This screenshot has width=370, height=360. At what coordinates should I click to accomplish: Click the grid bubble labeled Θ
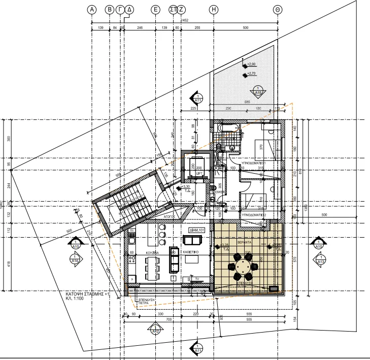[x=278, y=10]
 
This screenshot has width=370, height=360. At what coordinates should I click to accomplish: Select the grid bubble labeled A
[x=92, y=10]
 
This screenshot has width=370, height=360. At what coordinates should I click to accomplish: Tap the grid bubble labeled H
[x=214, y=10]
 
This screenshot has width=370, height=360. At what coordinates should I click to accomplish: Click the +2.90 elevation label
[x=252, y=65]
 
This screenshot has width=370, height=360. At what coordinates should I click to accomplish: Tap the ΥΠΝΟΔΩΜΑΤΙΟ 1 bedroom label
[x=259, y=163]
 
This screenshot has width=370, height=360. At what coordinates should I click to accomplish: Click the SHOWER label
[x=219, y=192]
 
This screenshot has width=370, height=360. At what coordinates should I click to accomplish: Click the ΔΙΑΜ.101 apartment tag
[x=197, y=230]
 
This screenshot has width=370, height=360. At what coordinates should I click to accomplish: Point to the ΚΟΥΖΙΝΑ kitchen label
[x=153, y=252]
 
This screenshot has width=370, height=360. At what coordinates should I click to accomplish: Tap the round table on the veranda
[x=244, y=267]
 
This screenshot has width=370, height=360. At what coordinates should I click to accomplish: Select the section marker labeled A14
[x=76, y=259]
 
